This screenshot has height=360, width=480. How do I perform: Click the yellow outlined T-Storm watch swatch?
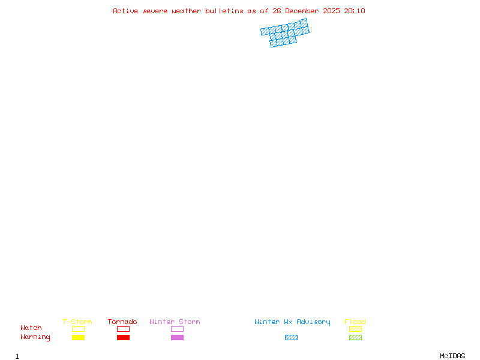78,329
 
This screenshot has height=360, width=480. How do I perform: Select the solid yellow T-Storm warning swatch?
78,337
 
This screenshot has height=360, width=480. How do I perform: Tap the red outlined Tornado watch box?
123,329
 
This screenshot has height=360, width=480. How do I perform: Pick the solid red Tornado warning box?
123,337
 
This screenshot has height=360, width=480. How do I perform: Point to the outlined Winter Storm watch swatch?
177,329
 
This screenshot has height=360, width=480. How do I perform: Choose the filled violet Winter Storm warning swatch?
177,337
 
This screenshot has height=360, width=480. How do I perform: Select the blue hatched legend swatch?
291,337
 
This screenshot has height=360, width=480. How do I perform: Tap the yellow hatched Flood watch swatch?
355,329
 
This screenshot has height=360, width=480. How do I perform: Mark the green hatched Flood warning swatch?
355,337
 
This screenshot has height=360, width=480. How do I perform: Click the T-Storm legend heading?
77,322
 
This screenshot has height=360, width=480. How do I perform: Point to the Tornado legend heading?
122,322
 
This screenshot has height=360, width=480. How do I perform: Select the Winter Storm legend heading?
175,322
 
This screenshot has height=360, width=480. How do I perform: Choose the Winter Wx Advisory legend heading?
292,322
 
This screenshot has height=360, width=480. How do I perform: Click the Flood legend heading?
355,322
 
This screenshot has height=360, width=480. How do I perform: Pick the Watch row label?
31,328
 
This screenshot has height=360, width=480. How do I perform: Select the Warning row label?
35,337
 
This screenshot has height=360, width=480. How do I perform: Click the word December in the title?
302,11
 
